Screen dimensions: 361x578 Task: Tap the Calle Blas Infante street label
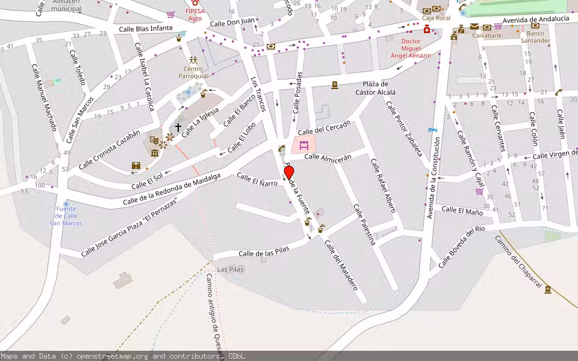click(146, 28)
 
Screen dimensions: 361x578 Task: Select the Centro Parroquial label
click(193, 73)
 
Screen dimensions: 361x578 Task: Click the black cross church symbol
click(178, 127)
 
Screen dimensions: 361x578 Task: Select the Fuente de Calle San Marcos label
click(66, 216)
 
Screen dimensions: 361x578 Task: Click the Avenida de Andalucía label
click(536, 19)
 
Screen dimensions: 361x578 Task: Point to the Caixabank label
click(487, 36)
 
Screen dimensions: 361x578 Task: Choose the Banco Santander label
click(535, 37)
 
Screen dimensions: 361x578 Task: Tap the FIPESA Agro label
click(194, 14)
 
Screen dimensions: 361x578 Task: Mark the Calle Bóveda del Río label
click(462, 247)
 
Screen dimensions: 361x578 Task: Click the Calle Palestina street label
click(365, 224)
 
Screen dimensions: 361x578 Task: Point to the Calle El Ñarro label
click(257, 179)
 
